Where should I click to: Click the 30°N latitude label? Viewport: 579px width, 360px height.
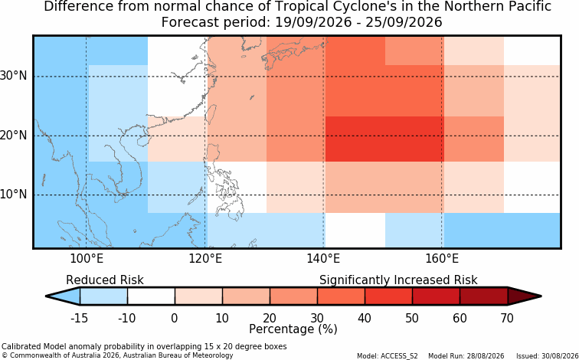click(13, 77)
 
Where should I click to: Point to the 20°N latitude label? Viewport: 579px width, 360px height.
click(13, 136)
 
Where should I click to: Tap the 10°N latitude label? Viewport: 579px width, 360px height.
click(13, 195)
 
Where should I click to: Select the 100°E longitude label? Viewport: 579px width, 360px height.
click(87, 259)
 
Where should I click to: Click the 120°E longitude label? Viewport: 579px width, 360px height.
click(205, 259)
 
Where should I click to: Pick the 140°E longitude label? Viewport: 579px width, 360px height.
click(323, 259)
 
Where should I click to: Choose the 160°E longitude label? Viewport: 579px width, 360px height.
click(442, 259)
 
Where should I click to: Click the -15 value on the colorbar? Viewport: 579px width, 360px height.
click(79, 318)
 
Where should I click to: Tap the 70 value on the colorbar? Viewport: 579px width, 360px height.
click(507, 318)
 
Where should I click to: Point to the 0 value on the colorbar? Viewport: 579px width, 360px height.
click(175, 318)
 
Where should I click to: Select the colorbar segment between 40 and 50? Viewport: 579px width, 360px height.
click(388, 296)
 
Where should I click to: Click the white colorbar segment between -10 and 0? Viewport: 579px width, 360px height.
click(151, 296)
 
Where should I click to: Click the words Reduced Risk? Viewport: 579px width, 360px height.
click(105, 280)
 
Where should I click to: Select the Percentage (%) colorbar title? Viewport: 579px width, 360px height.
click(293, 329)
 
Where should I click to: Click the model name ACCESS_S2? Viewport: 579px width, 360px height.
click(402, 356)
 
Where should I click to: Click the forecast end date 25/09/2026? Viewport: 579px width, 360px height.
click(404, 21)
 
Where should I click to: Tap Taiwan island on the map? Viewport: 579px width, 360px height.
click(212, 113)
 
